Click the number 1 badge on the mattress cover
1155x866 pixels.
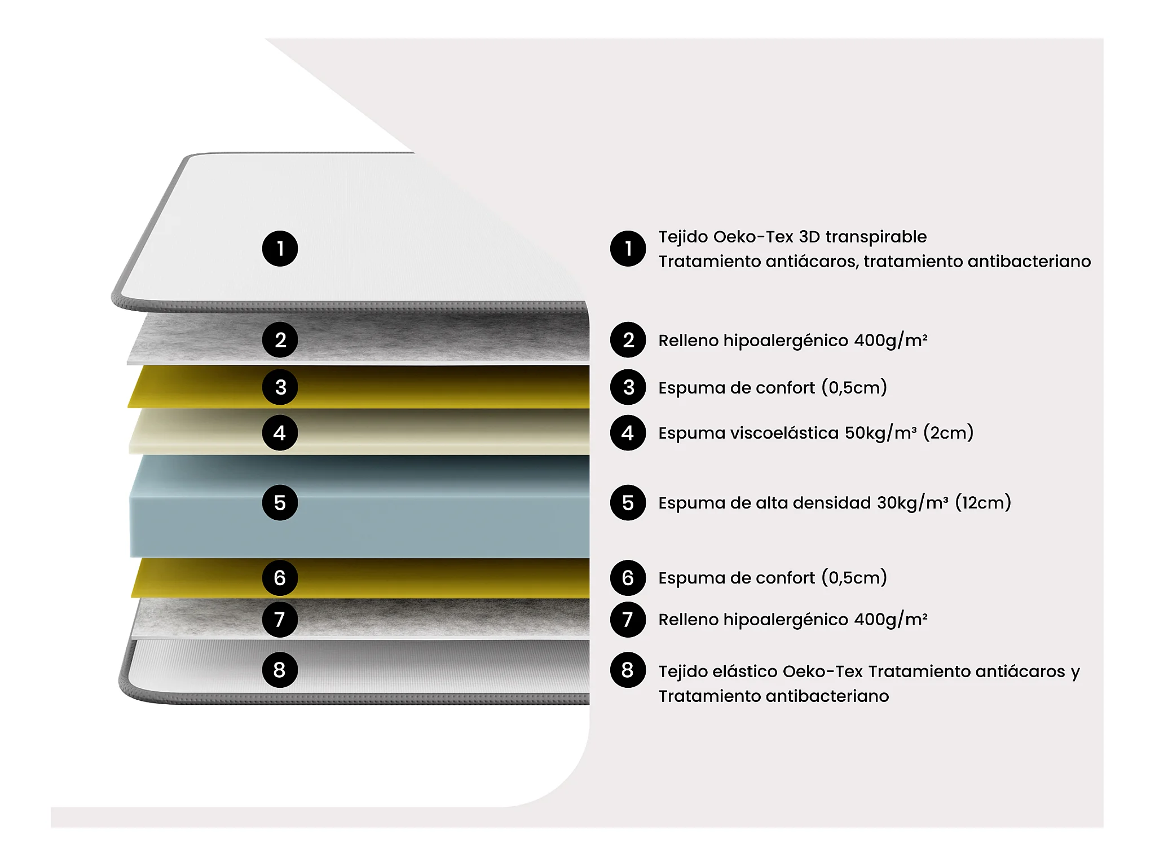tap(280, 249)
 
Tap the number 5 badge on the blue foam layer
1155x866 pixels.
tap(280, 502)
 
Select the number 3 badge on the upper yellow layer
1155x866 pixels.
tap(280, 387)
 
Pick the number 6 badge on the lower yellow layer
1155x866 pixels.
tap(280, 578)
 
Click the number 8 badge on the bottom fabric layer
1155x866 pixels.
tap(280, 670)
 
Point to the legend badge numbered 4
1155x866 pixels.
tap(628, 433)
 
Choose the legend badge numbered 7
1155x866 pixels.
tap(628, 619)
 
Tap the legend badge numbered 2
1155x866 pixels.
tap(628, 340)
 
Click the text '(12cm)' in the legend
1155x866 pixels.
tap(983, 502)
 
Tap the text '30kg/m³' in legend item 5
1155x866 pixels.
tap(912, 502)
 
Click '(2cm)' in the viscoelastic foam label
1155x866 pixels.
tap(948, 433)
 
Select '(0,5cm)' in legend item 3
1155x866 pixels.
tap(854, 387)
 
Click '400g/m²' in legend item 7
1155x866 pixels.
tap(891, 619)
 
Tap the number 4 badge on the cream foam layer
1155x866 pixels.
tap(280, 433)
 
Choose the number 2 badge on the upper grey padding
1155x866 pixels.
tap(280, 340)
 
